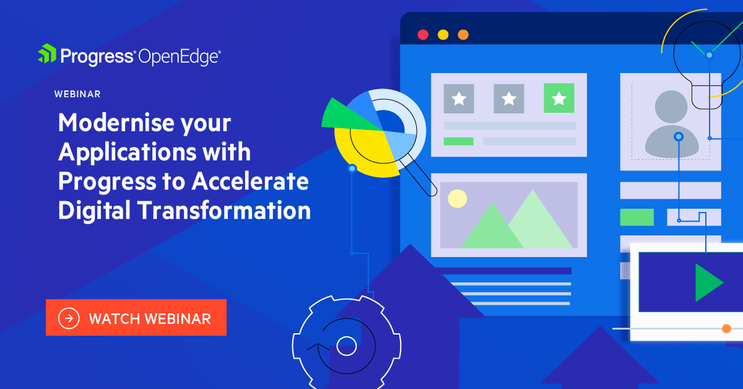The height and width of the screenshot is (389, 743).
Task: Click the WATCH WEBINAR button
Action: pos(136,318)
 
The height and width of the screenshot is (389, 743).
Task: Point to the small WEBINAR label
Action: pos(77,94)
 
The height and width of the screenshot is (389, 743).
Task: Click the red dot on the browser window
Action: pos(423,35)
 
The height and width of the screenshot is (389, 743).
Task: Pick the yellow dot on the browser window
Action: pos(443,35)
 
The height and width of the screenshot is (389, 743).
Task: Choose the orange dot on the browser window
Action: pos(463,35)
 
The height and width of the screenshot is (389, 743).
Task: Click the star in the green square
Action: pos(558,98)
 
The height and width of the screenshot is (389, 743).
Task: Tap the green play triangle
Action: pos(708,282)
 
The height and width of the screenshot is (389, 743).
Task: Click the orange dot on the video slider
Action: pos(726,328)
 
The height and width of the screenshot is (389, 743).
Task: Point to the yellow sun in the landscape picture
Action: pos(457,198)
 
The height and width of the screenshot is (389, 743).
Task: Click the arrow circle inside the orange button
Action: pos(69,318)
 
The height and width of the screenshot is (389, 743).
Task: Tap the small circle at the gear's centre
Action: pos(346,345)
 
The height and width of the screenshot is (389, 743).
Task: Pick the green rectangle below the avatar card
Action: pos(637,217)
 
